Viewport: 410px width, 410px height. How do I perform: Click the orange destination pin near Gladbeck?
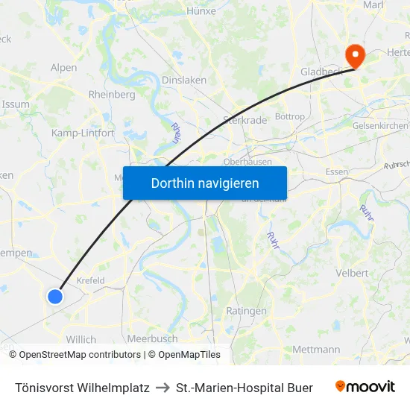click(353, 54)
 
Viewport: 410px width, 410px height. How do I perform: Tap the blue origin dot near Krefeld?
click(55, 296)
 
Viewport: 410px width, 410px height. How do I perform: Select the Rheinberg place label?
click(112, 95)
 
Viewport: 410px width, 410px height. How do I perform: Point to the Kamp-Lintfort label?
click(83, 133)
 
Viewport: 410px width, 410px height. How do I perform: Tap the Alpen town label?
click(63, 67)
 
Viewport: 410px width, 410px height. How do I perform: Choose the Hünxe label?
click(201, 11)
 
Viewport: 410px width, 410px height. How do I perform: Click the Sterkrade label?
click(241, 119)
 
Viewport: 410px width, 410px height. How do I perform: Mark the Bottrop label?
click(290, 116)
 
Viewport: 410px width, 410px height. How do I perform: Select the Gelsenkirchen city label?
click(380, 126)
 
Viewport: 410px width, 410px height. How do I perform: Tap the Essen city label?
click(337, 172)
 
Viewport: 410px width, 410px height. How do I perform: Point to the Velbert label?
click(353, 273)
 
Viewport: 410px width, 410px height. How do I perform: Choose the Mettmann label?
click(316, 349)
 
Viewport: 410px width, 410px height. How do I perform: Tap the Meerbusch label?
click(152, 338)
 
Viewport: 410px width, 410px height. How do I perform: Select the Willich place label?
click(81, 339)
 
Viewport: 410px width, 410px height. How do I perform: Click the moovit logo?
click(365, 387)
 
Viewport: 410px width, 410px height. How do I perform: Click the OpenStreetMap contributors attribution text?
click(80, 355)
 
